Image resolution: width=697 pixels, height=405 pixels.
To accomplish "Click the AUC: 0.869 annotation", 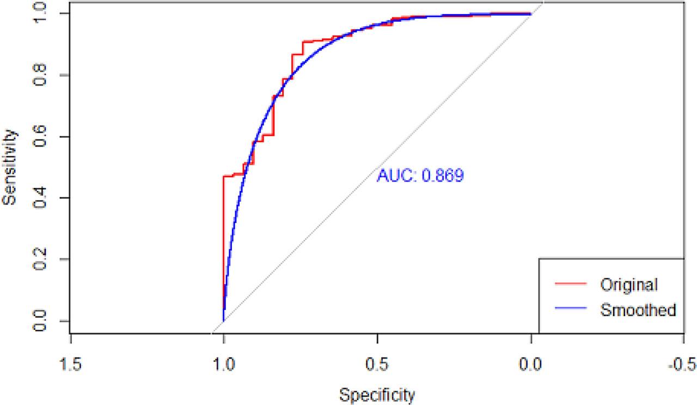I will (420, 176).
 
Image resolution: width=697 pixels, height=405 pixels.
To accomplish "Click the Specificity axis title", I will (377, 394).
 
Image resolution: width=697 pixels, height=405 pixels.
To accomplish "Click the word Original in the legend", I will (629, 285).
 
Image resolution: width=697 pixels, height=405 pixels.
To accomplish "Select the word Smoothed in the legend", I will (638, 310).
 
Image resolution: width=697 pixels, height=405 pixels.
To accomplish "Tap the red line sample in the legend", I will (570, 284).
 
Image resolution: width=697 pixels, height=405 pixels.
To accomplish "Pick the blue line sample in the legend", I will (570, 309).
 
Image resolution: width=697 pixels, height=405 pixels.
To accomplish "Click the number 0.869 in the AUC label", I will (441, 176).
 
